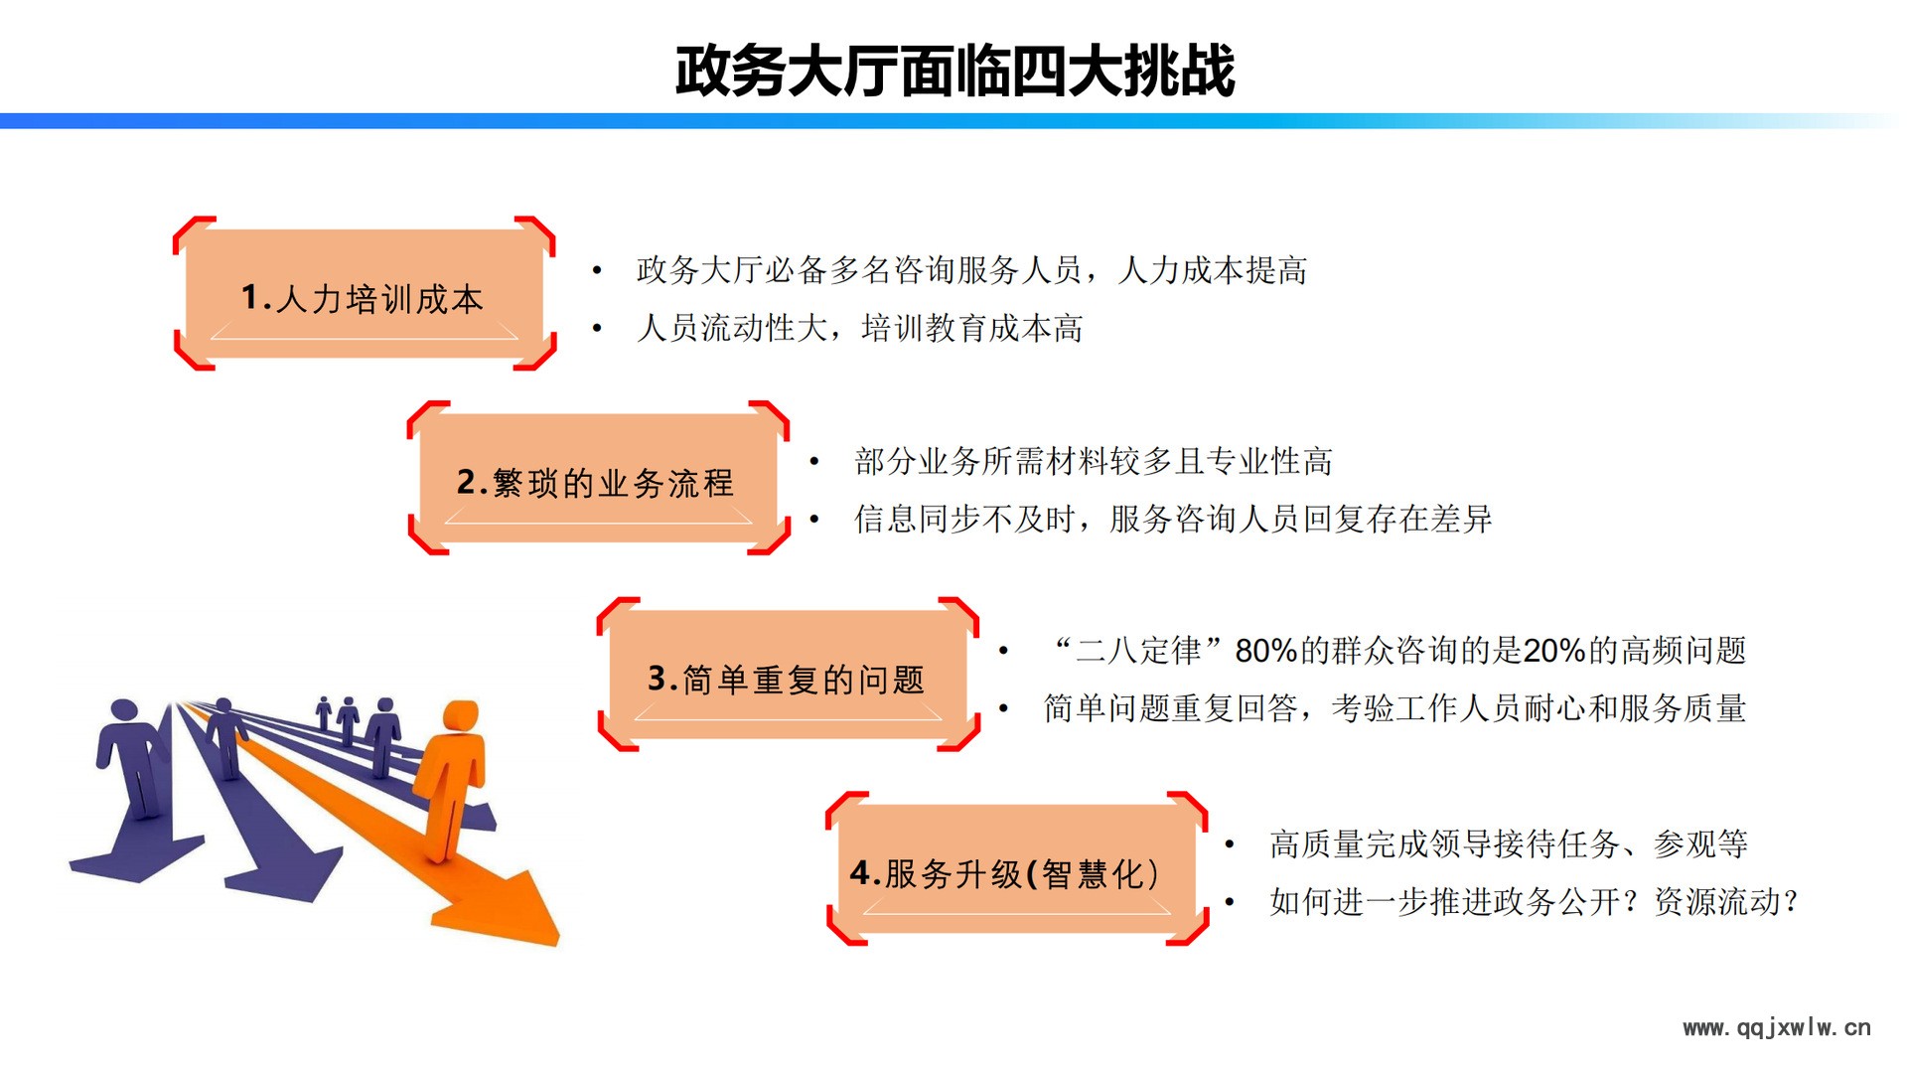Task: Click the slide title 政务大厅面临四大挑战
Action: click(x=954, y=71)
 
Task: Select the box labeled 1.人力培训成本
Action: click(x=364, y=294)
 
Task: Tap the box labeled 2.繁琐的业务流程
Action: click(x=598, y=478)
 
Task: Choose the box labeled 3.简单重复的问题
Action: click(x=788, y=675)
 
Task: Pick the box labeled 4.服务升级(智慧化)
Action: click(x=1016, y=869)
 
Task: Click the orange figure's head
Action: click(x=460, y=717)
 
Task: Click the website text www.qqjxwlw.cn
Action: click(x=1777, y=1028)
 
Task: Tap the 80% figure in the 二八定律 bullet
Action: click(x=1266, y=651)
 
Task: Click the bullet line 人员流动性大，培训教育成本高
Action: click(x=859, y=328)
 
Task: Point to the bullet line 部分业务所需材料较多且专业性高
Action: click(x=1094, y=461)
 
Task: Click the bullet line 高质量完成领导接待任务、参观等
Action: click(x=1509, y=844)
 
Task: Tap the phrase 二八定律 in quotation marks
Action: click(x=1139, y=651)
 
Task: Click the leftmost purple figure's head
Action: click(x=124, y=712)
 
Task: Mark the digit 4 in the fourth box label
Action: click(x=860, y=873)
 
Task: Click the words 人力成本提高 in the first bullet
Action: click(x=1212, y=270)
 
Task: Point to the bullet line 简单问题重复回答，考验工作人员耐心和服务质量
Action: click(x=1394, y=708)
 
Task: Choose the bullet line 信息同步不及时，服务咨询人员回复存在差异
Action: click(x=1173, y=519)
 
